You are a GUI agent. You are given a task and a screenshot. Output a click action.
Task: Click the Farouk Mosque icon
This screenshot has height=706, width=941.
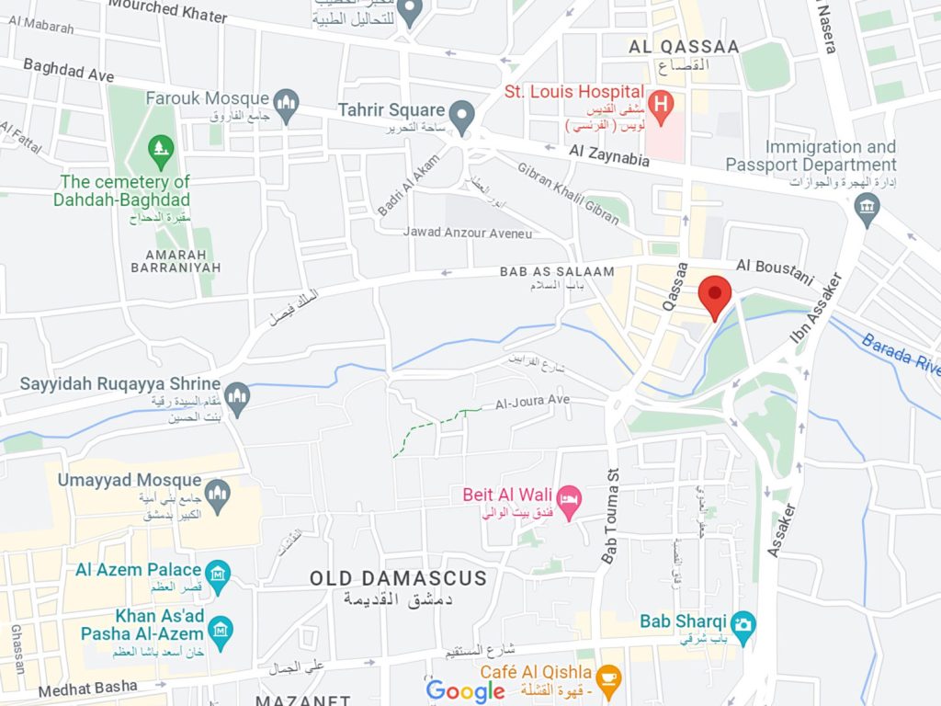click(x=287, y=100)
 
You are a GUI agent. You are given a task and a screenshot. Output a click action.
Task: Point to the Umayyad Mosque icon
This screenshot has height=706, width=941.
click(x=218, y=492)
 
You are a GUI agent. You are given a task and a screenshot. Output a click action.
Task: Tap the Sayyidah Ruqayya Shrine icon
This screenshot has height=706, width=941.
click(x=237, y=395)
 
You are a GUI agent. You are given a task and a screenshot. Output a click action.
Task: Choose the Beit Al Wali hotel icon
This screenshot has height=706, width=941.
click(x=570, y=502)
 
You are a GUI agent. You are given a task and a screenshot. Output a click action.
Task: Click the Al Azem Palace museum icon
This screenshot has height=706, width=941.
click(x=218, y=575)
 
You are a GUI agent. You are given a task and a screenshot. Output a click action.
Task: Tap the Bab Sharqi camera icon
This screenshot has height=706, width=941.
click(x=743, y=622)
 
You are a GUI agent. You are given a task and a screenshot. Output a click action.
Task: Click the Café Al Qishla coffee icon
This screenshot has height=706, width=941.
click(x=607, y=678)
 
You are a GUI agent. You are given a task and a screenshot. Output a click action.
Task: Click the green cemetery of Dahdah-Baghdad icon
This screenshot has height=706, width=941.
click(x=162, y=147)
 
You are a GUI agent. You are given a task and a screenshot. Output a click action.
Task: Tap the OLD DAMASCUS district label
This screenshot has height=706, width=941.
click(x=397, y=578)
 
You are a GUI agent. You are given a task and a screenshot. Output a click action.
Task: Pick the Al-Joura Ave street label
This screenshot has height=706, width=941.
click(x=533, y=402)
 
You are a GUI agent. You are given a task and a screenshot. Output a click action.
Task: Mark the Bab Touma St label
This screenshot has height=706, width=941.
click(x=610, y=515)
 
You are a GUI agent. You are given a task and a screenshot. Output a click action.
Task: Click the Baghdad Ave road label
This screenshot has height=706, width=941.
click(x=68, y=70)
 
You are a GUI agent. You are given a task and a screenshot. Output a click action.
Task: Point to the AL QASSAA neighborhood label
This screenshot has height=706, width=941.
click(x=685, y=45)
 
